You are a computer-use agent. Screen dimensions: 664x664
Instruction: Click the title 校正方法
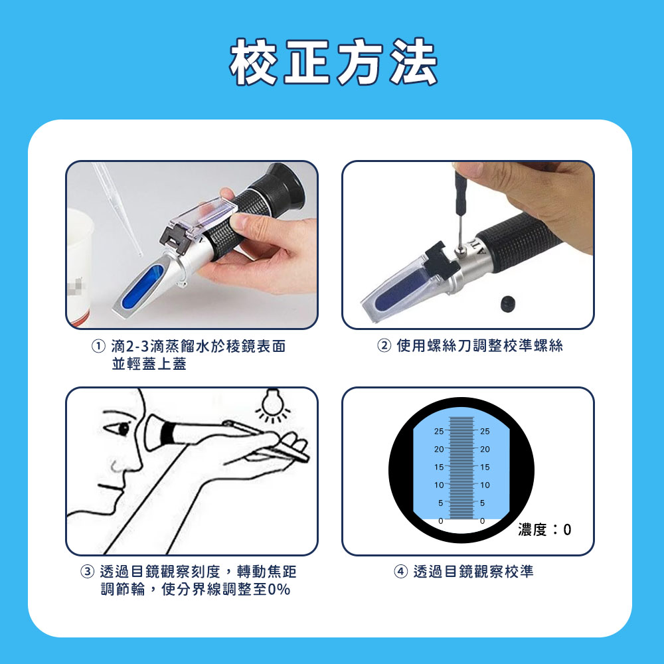point(333,62)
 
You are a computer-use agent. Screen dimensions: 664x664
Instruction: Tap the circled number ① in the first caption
point(98,347)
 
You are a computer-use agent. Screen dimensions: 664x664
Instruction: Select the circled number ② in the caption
point(384,346)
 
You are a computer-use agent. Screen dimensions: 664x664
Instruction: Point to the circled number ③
point(87,572)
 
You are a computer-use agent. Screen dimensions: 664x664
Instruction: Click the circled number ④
point(400,572)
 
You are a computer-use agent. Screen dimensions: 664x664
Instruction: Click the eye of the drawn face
point(123,428)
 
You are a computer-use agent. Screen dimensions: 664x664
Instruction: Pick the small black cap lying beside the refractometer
point(507,303)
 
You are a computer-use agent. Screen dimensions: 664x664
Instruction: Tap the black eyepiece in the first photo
point(281,188)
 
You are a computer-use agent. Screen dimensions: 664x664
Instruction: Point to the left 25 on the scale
point(439,431)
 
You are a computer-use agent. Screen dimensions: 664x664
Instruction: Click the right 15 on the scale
point(485,467)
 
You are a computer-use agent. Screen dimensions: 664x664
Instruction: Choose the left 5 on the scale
point(440,503)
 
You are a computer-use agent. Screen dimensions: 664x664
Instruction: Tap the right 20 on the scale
point(485,449)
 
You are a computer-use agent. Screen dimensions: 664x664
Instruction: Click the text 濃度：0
point(544,529)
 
